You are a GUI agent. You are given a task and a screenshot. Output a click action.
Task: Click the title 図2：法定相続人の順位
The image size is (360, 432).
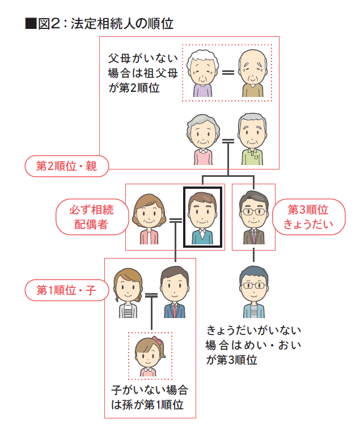tap(99, 24)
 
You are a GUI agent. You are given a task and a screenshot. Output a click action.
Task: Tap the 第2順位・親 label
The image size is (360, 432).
tap(66, 166)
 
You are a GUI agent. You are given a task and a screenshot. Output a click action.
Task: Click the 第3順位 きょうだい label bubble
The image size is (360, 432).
tap(308, 217)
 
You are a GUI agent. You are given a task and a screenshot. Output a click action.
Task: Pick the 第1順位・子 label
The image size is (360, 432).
tap(66, 290)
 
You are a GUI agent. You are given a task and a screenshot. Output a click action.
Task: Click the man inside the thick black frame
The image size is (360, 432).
tap(202, 217)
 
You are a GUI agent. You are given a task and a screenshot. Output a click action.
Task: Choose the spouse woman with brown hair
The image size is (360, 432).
tap(149, 217)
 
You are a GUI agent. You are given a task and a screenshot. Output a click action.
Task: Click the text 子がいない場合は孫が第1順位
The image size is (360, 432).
tap(149, 397)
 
